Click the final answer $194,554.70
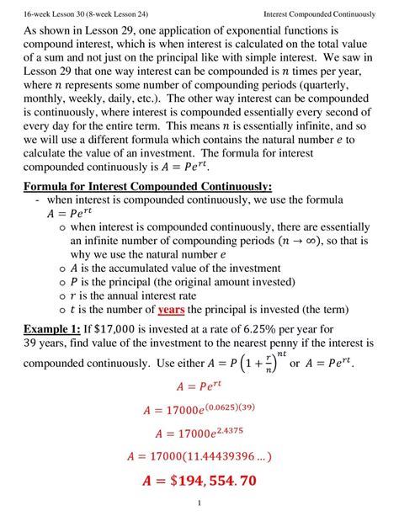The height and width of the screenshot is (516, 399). click(199, 482)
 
